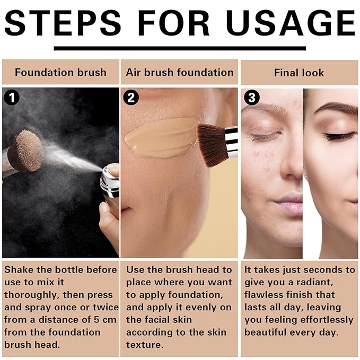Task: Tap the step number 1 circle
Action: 11,97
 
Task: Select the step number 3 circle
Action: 251,97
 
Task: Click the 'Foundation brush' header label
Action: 60,73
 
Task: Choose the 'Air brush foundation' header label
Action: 180,73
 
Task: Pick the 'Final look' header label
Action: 299,73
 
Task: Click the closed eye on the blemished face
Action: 266,137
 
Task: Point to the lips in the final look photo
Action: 291,203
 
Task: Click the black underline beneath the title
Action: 180,48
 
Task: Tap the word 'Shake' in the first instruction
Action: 20,270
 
